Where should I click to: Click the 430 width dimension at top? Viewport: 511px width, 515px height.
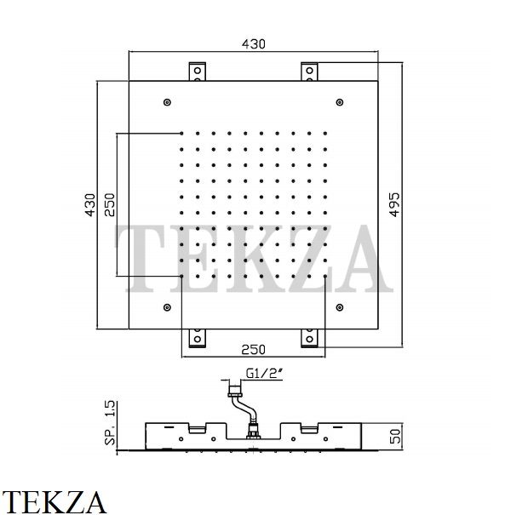pos(253,44)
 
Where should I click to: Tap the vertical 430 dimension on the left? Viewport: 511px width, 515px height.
pos(90,205)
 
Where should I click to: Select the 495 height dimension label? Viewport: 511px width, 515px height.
pos(394,204)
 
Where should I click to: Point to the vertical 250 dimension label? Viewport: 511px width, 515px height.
pos(109,205)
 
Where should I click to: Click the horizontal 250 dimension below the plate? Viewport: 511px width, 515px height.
pos(253,350)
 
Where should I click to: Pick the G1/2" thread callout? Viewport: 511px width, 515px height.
pos(265,374)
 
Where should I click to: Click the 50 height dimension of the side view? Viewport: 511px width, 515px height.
pos(395,436)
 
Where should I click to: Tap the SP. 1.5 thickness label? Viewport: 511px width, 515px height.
pos(110,423)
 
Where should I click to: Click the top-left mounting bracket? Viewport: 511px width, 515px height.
pos(198,72)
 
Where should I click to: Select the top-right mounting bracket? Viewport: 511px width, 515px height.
pos(309,72)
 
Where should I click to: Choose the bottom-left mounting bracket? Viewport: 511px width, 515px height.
pos(198,338)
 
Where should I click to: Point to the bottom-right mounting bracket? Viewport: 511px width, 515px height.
pos(309,338)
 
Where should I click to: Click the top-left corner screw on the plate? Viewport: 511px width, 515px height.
pos(167,102)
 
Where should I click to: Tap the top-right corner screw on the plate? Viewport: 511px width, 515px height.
pos(340,102)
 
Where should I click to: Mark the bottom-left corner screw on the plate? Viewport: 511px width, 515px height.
pos(167,307)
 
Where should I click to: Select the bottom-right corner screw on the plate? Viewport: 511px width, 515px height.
pos(340,307)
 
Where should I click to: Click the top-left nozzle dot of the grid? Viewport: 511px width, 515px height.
pos(181,134)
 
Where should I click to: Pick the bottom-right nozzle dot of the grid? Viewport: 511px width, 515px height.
pos(325,277)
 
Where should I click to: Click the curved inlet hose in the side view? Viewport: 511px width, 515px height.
pos(244,408)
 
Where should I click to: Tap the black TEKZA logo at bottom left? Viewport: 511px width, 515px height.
pos(54,502)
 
